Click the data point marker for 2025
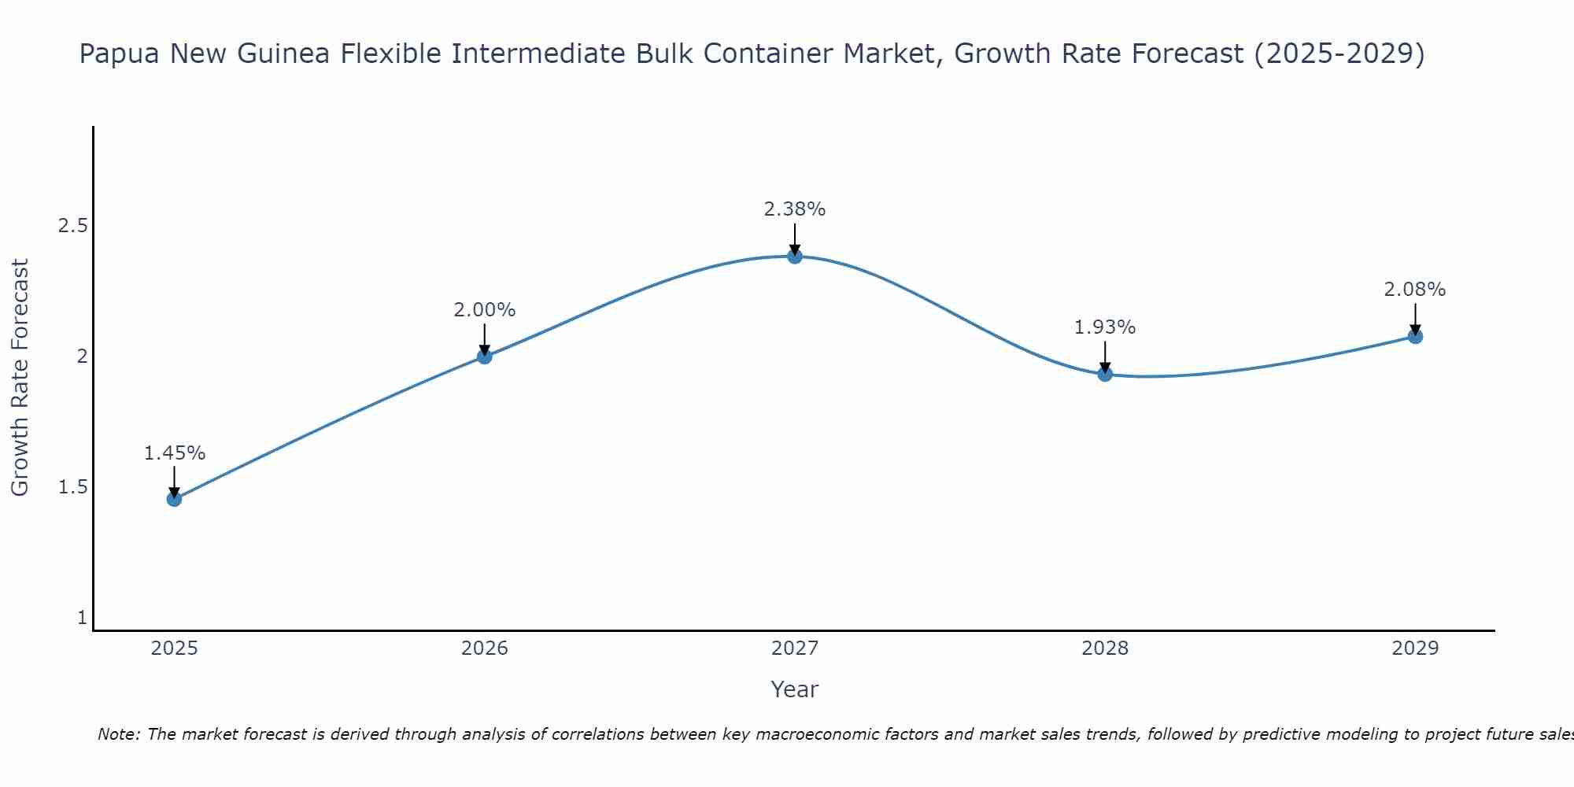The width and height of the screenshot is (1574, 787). click(x=174, y=499)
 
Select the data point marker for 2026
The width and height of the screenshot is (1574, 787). click(x=485, y=357)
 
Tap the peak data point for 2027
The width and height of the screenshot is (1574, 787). click(x=795, y=256)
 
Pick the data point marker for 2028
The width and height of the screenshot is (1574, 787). click(x=1105, y=374)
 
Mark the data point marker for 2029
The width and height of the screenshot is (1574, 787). click(x=1415, y=337)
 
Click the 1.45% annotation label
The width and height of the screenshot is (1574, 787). click(x=174, y=453)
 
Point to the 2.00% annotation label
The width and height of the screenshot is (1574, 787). click(x=485, y=310)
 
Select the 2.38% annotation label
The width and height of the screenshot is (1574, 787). click(x=795, y=209)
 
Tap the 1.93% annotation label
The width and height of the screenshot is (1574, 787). click(x=1105, y=327)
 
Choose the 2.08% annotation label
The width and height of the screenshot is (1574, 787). click(x=1415, y=290)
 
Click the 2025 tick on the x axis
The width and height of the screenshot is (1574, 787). click(x=174, y=648)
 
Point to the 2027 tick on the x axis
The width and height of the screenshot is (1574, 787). click(x=795, y=648)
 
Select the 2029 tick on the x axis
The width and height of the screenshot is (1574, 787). click(x=1415, y=648)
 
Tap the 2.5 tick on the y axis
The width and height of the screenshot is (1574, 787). click(x=72, y=226)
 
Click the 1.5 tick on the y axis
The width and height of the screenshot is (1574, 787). click(x=72, y=487)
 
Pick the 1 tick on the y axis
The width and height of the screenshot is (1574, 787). click(x=82, y=618)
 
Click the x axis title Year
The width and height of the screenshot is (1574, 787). click(x=795, y=689)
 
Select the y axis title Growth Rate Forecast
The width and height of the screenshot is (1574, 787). click(x=20, y=377)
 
